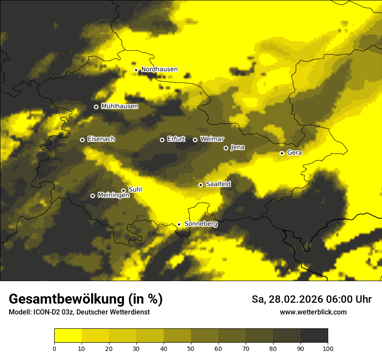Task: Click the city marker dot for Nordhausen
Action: coord(136,70)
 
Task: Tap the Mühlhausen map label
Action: coord(119,106)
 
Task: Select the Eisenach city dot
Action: coord(82,140)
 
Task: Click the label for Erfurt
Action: coord(176,139)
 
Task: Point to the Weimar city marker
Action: coord(195,140)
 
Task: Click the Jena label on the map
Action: coord(237,147)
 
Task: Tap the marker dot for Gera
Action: coord(282,153)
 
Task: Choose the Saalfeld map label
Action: coord(218,184)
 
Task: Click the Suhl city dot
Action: coord(123,190)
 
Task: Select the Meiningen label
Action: coord(113,196)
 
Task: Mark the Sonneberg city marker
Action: coord(179,224)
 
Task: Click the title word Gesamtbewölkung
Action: coord(66,299)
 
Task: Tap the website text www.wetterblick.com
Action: coord(313,312)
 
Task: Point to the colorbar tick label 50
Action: coord(191,348)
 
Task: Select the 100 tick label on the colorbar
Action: coord(328,348)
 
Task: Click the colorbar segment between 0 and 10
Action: coord(68,336)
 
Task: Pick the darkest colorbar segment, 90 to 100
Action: coord(314,336)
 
